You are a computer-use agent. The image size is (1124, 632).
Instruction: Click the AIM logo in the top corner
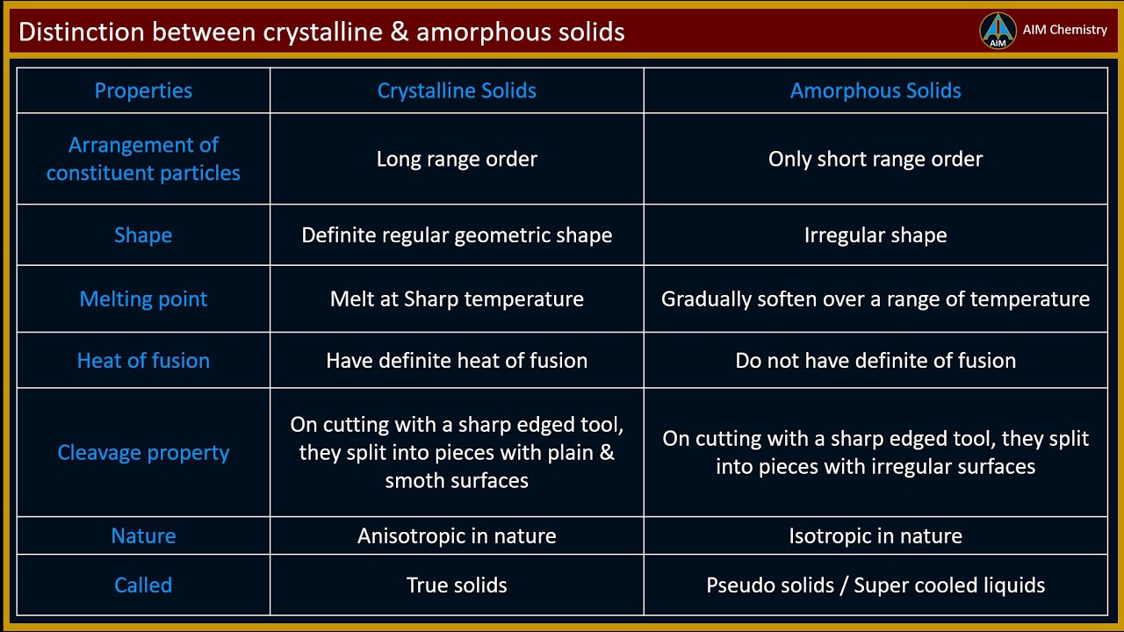point(998,31)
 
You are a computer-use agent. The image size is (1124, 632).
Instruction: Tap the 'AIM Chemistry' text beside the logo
point(1064,30)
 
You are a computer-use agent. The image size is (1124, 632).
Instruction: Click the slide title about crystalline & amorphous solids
point(321,32)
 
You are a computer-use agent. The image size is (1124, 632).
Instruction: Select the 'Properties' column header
point(143,90)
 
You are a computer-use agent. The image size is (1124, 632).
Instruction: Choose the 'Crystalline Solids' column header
point(457,90)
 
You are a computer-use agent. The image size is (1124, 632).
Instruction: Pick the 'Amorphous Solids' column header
point(875,90)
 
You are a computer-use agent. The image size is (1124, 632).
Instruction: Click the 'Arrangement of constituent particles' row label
point(143,159)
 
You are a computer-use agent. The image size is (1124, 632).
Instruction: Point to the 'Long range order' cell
point(457,159)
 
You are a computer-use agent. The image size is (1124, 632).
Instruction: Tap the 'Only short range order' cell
point(875,159)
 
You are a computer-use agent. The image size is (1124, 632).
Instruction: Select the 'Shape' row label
point(143,235)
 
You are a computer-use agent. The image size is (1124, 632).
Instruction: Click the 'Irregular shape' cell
point(875,235)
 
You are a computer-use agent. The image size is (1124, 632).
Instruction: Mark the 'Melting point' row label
point(143,298)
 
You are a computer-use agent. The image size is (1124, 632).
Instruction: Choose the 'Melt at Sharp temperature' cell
point(457,298)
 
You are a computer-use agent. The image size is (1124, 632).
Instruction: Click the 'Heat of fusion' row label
point(143,360)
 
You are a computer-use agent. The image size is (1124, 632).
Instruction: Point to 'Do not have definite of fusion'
point(875,360)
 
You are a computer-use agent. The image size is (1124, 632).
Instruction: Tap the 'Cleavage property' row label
point(143,452)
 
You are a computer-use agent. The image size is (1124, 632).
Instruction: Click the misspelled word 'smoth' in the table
point(413,480)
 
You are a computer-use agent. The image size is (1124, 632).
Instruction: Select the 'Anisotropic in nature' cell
point(457,535)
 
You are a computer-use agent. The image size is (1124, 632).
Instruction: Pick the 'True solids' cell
point(457,585)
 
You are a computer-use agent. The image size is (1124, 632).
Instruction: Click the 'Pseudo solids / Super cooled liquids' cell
point(875,585)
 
